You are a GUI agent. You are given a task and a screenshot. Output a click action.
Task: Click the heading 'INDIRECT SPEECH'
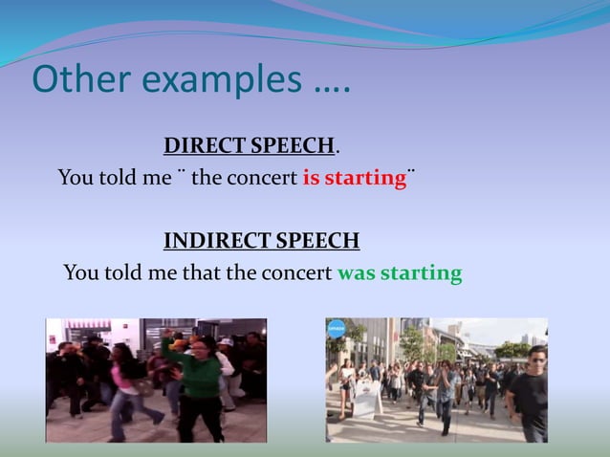coord(261,240)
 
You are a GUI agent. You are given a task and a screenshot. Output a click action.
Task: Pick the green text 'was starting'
coord(400,273)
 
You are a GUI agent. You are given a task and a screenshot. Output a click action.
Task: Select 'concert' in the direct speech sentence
coord(262,179)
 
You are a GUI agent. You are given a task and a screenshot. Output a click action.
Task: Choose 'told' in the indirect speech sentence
coord(121,273)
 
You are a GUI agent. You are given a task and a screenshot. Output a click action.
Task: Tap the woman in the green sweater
coord(197,382)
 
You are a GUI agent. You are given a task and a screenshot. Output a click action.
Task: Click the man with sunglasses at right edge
coord(530,392)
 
